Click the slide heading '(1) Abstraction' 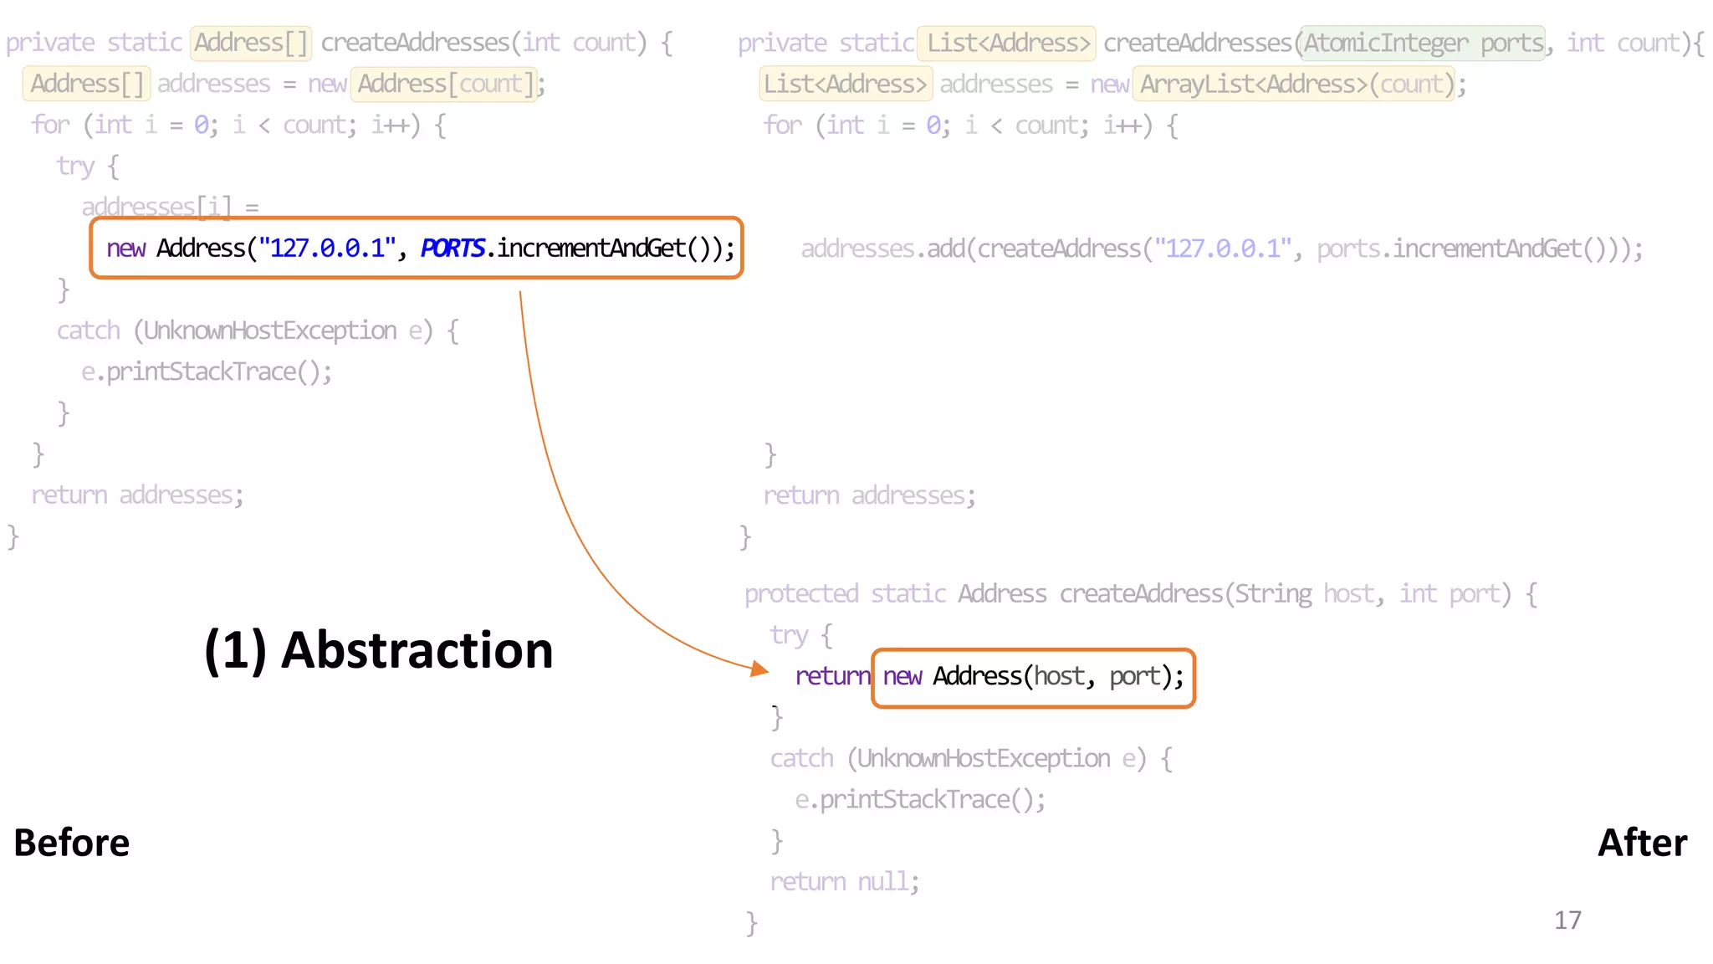[378, 650]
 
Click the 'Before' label [72, 843]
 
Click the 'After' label [1642, 843]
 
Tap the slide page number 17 [1567, 920]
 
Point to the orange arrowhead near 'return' [759, 669]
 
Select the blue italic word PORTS [453, 249]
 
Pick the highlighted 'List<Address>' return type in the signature [1007, 44]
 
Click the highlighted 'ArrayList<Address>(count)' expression [1293, 85]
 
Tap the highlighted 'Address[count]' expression [443, 85]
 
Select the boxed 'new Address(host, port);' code [1033, 677]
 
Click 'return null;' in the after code [844, 882]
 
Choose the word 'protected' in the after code [801, 594]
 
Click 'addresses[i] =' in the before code [170, 207]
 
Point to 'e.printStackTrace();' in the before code [207, 372]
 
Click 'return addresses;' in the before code [137, 495]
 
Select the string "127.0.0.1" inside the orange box [326, 249]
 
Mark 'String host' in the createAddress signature [1305, 594]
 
